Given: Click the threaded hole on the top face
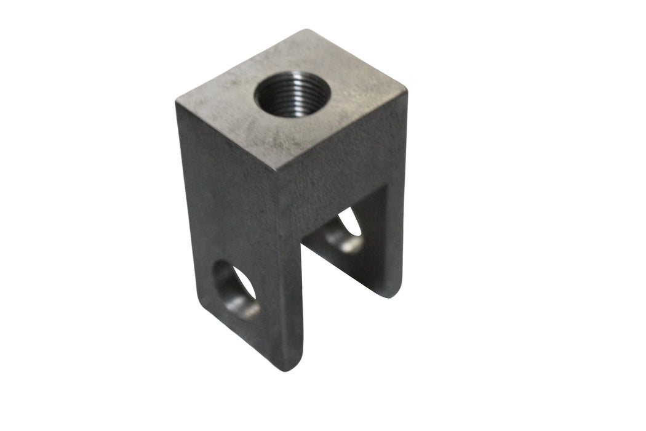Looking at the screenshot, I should (x=292, y=94).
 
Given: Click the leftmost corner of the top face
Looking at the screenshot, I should (x=177, y=102).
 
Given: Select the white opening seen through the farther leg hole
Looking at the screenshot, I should (x=351, y=222).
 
